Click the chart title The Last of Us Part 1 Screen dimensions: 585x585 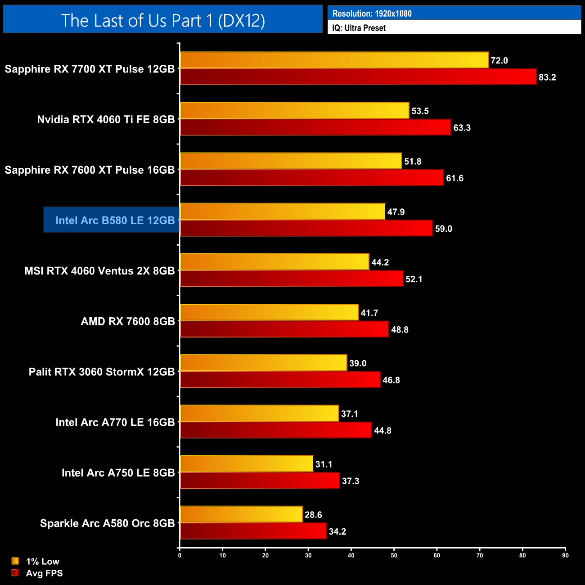pyautogui.click(x=163, y=20)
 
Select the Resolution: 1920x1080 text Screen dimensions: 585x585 pyautogui.click(x=372, y=13)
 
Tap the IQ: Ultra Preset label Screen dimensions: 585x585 pyautogui.click(x=359, y=28)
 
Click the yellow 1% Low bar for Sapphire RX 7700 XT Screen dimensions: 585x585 pyautogui.click(x=334, y=60)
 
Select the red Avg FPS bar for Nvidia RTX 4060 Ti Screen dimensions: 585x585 pyautogui.click(x=315, y=127)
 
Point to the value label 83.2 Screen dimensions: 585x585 pyautogui.click(x=547, y=77)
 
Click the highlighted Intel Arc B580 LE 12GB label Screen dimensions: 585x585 pyautogui.click(x=115, y=220)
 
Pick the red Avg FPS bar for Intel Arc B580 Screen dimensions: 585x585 pyautogui.click(x=306, y=228)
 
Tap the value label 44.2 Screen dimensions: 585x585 pyautogui.click(x=380, y=262)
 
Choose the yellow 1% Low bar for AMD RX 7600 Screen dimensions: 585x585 pyautogui.click(x=269, y=312)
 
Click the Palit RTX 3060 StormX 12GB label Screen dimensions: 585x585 pyautogui.click(x=102, y=372)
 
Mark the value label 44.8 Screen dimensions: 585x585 pyautogui.click(x=382, y=431)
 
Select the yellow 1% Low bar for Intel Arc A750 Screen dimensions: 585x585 pyautogui.click(x=247, y=463)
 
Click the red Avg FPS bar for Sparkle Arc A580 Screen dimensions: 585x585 pyautogui.click(x=253, y=531)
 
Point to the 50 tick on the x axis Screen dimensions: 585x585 pyautogui.click(x=394, y=555)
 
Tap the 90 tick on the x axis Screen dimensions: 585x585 pyautogui.click(x=565, y=555)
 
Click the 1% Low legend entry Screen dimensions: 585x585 pyautogui.click(x=36, y=561)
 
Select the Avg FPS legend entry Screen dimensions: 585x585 pyautogui.click(x=37, y=573)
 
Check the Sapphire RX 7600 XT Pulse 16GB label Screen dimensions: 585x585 pyautogui.click(x=90, y=170)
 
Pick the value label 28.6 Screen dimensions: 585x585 pyautogui.click(x=313, y=515)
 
